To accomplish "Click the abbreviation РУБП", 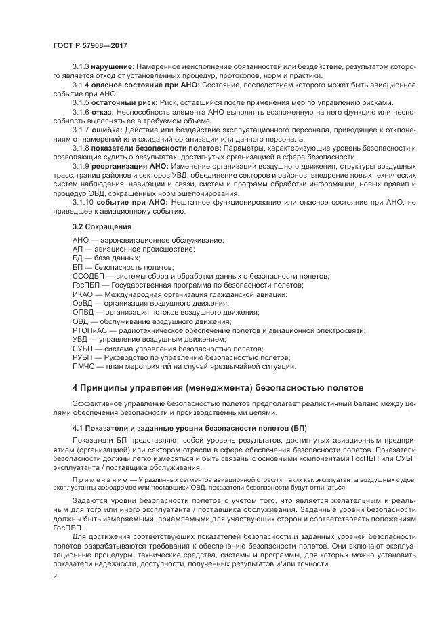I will (83, 357).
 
